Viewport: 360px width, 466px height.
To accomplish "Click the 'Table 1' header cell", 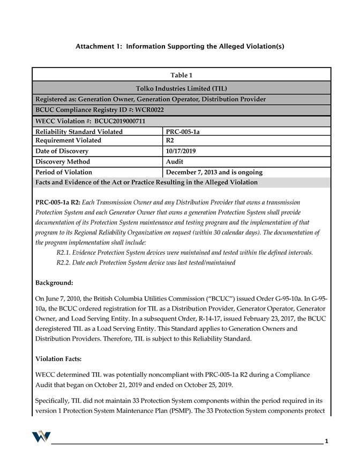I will point(181,75).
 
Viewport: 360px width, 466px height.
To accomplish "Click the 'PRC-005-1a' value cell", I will point(185,131).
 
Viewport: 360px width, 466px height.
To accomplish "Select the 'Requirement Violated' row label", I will point(68,140).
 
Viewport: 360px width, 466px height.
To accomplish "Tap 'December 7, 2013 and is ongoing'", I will point(214,172).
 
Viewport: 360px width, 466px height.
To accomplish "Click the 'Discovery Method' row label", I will point(63,161).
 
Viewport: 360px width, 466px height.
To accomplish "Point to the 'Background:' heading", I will point(54,282).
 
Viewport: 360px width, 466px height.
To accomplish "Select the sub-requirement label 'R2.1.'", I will point(66,253).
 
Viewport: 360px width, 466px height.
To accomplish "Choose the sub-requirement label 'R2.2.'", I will point(66,263).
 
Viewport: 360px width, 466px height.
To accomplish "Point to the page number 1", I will point(326,441).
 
